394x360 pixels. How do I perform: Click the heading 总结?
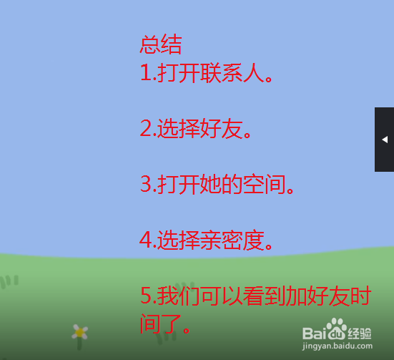pos(161,45)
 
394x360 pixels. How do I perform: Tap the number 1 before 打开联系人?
pos(144,73)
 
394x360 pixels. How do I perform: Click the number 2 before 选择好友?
pos(145,129)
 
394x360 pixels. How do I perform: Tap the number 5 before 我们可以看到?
pos(145,296)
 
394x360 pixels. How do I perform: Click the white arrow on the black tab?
pos(385,140)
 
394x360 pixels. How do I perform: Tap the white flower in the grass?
pos(79,332)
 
